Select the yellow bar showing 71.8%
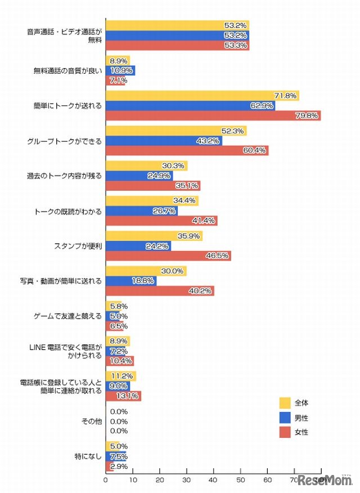tap(202, 96)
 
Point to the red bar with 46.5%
tap(168, 256)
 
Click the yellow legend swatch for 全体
tap(285, 402)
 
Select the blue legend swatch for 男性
tap(285, 418)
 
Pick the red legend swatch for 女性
tap(285, 432)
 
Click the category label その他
tap(92, 422)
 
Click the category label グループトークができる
tap(67, 141)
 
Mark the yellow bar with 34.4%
tap(152, 201)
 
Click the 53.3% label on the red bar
tap(237, 46)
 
